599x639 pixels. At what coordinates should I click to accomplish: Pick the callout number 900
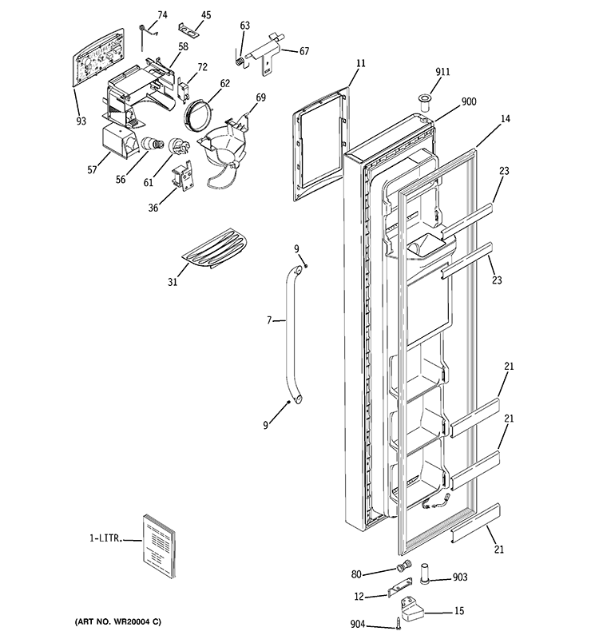click(x=469, y=103)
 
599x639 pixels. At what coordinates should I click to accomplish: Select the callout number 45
click(x=206, y=15)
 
